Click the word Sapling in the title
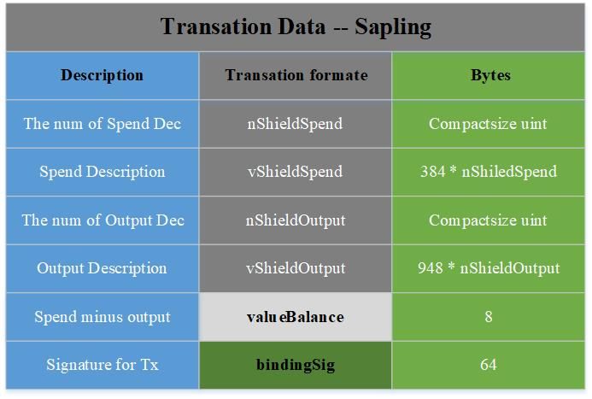[393, 28]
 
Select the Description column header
[103, 75]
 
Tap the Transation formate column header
[296, 75]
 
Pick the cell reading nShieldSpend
[295, 124]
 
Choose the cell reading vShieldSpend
[295, 172]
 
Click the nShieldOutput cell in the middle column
[296, 220]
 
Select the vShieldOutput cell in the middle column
[296, 268]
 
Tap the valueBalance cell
[296, 317]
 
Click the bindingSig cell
[296, 365]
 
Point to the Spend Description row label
[103, 172]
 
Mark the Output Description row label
[102, 268]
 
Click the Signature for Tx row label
[103, 365]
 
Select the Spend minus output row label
[103, 317]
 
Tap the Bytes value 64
[488, 365]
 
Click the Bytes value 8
[489, 317]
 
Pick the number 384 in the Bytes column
[432, 172]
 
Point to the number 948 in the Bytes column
[430, 268]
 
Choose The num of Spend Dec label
[103, 124]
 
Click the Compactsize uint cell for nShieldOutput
[488, 220]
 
